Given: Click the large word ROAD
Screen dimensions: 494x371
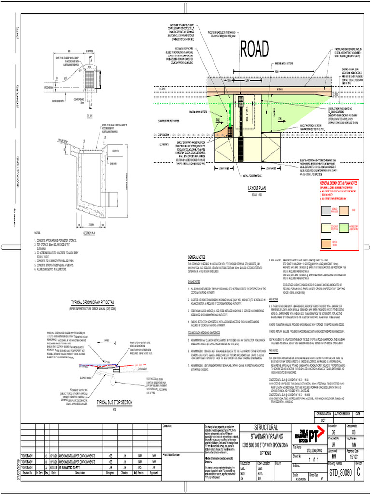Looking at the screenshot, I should pyautogui.click(x=255, y=48).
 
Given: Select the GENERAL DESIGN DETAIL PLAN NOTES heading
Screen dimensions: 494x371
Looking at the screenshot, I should pyautogui.click(x=341, y=184).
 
